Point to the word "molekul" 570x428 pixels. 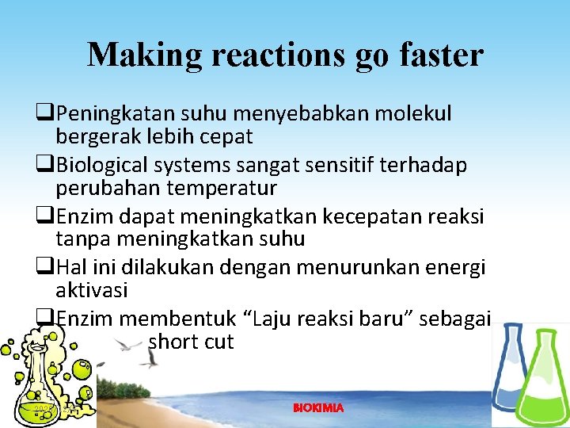[x=411, y=114]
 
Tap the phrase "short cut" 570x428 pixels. [x=191, y=342]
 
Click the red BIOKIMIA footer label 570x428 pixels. [x=318, y=408]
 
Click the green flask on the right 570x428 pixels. [x=545, y=380]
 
